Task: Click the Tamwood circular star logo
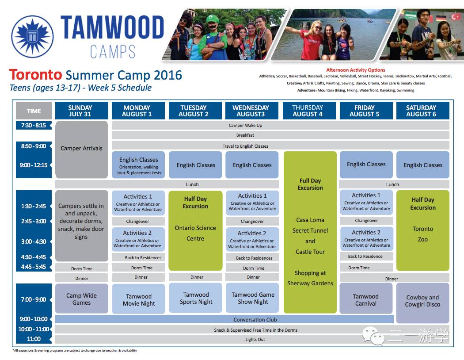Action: point(33,36)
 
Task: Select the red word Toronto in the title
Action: point(35,75)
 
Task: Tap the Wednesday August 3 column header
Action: point(251,111)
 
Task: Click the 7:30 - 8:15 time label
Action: point(34,125)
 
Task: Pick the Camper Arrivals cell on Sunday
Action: point(82,149)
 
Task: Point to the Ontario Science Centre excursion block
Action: point(195,230)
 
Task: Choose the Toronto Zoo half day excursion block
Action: point(423,230)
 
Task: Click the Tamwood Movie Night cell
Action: point(138,299)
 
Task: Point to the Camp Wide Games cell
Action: point(82,299)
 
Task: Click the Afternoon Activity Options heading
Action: point(356,70)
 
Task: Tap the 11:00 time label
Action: point(34,339)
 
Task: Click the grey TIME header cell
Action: point(34,111)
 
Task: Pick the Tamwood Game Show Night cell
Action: point(252,298)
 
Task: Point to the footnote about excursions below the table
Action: point(75,351)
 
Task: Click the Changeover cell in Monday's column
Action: point(138,221)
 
